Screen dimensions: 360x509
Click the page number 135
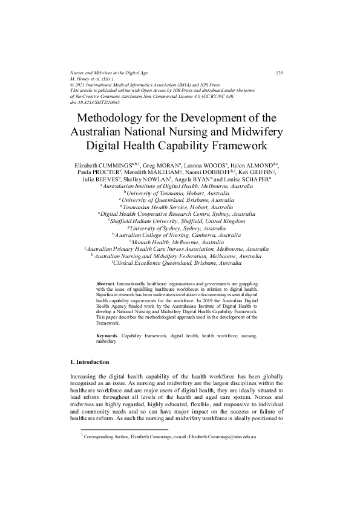pos(279,73)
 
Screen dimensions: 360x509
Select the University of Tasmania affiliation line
pos(180,193)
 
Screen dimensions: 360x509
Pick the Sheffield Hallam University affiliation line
pos(180,222)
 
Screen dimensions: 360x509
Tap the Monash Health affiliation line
pos(180,242)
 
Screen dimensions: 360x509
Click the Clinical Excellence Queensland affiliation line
pos(180,264)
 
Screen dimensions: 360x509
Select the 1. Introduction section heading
pos(90,362)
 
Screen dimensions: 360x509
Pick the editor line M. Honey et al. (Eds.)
pos(95,79)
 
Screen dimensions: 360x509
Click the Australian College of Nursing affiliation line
pos(180,236)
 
